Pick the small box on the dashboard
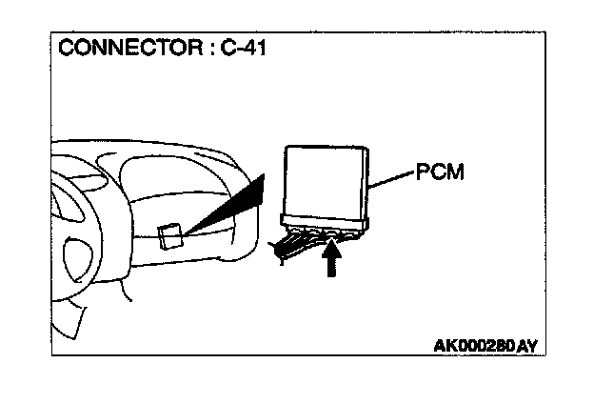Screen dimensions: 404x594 coord(171,235)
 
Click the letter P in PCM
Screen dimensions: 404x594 coord(423,174)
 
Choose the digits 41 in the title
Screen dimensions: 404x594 coord(254,48)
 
